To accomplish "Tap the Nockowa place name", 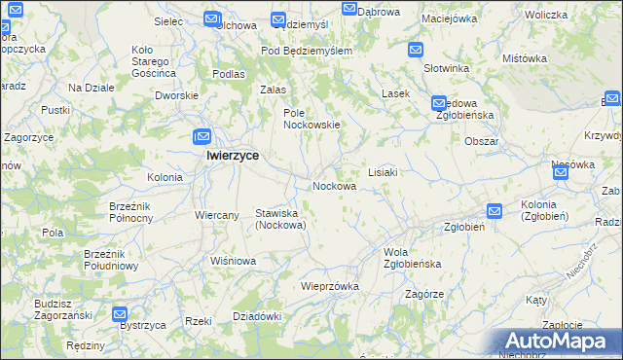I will (x=333, y=186).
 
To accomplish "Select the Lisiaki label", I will (x=382, y=171).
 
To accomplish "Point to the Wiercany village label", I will (x=217, y=215).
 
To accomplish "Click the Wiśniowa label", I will (x=233, y=261).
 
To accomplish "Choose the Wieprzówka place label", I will (x=330, y=286).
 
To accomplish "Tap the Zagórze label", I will (x=424, y=294).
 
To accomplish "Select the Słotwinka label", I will (x=447, y=69).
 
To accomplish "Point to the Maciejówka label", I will (x=449, y=18).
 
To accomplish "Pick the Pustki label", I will (x=55, y=111).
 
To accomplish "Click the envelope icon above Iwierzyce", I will (x=202, y=137).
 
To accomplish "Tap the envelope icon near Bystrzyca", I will (x=120, y=313).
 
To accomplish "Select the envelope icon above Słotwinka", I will (x=416, y=50).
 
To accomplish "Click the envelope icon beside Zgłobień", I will (x=495, y=210).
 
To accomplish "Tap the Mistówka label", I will (x=522, y=58).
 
